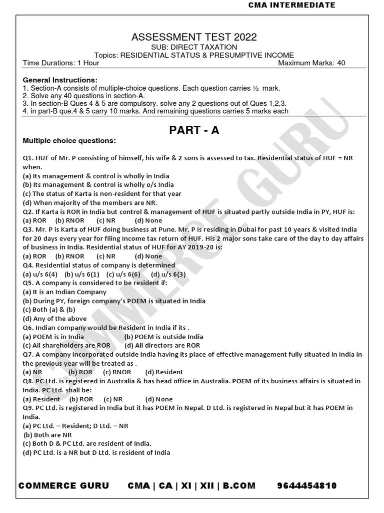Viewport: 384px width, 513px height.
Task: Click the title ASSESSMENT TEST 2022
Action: coord(194,37)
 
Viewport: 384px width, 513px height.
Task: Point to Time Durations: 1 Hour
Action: coord(61,63)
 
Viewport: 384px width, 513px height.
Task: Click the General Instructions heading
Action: coord(60,80)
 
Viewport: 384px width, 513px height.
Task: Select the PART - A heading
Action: coord(194,130)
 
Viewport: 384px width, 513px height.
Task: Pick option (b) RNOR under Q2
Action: coord(66,220)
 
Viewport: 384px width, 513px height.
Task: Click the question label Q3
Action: coord(27,229)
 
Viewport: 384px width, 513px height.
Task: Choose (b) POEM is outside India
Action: coord(163,336)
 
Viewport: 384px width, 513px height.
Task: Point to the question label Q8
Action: coord(27,381)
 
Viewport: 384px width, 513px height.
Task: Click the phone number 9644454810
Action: coord(306,486)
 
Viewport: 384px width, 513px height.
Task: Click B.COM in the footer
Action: coord(239,486)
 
